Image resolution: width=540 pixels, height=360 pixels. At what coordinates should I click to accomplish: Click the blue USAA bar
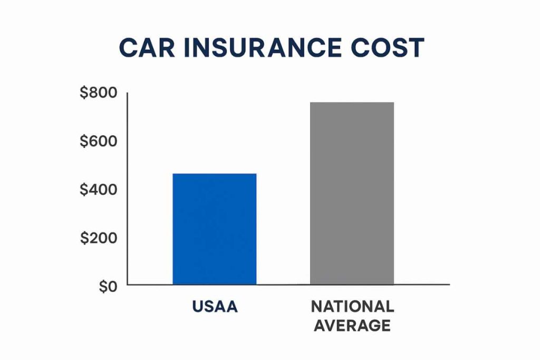[215, 229]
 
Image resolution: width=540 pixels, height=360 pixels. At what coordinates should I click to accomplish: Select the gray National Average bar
[352, 193]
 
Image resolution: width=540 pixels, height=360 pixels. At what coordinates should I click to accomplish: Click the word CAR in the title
[144, 48]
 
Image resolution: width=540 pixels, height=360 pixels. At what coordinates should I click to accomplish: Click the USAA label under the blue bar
[215, 307]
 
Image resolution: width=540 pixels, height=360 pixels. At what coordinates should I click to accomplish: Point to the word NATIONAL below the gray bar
[352, 307]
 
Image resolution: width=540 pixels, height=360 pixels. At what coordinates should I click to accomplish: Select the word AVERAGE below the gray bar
[352, 325]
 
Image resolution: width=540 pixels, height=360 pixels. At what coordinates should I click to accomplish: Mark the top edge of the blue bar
[215, 174]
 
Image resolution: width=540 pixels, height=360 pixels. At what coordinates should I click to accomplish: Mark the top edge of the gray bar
[352, 102]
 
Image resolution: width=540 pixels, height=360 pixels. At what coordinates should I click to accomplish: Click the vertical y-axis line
[128, 190]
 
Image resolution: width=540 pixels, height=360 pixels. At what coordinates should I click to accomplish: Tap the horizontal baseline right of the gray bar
[422, 285]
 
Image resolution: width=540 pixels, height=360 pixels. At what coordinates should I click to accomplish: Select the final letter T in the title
[417, 48]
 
